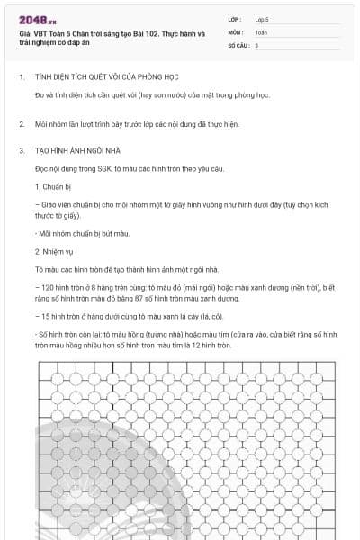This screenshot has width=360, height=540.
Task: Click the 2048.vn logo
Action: click(35, 20)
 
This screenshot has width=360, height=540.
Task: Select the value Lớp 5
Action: click(262, 18)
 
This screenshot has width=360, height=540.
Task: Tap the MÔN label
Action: click(235, 31)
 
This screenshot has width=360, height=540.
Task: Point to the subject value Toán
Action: click(261, 31)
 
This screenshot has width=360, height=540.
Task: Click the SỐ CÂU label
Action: click(238, 45)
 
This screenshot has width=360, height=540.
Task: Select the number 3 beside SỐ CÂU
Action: click(256, 45)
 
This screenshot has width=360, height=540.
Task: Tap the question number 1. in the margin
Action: click(22, 77)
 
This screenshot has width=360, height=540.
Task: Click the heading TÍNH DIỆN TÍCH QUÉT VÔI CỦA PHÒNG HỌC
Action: click(106, 77)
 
